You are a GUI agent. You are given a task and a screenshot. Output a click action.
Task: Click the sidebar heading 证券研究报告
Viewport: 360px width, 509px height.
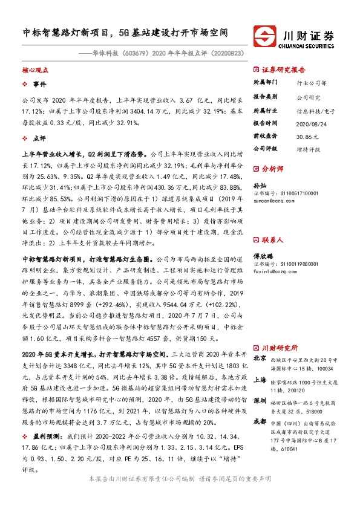(284, 70)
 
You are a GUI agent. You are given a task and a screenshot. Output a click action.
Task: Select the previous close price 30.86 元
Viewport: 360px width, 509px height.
(306, 137)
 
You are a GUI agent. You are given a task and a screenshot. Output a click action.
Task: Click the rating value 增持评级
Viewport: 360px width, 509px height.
(307, 148)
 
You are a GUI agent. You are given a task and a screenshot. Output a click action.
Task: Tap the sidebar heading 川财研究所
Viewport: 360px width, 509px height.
(280, 348)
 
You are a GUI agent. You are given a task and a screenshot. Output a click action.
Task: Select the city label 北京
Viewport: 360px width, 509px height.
(258, 358)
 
